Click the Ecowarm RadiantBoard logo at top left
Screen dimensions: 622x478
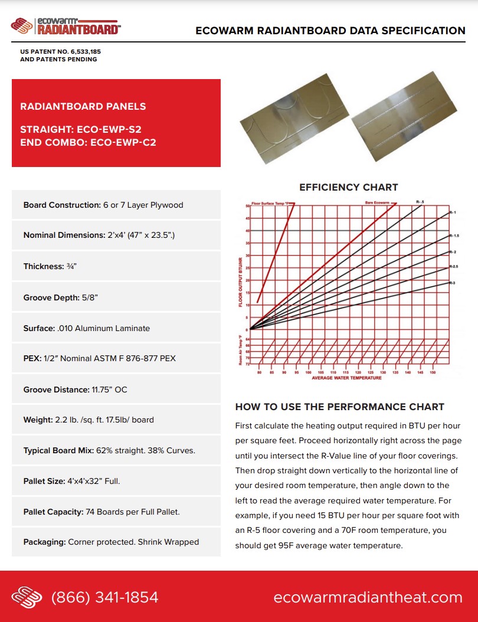click(x=66, y=26)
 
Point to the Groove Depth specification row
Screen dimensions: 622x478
click(x=116, y=297)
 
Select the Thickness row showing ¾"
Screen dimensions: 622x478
click(x=116, y=266)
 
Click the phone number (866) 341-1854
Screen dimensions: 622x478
click(x=105, y=597)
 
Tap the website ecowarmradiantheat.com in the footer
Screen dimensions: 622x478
click(x=368, y=597)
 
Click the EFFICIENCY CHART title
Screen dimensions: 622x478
click(x=349, y=187)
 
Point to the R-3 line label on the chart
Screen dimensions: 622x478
click(x=452, y=283)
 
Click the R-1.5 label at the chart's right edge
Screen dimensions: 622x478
click(x=453, y=235)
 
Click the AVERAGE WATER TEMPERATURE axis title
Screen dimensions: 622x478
click(x=346, y=378)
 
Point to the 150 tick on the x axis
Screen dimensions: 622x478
click(x=433, y=372)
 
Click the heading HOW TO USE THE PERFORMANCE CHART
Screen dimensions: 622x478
click(x=339, y=407)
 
